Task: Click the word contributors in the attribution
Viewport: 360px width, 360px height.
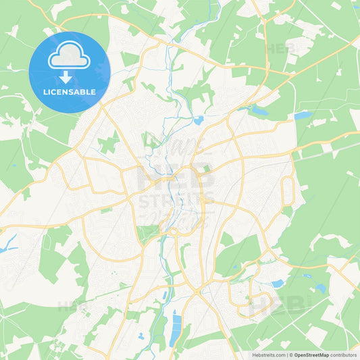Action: (344, 355)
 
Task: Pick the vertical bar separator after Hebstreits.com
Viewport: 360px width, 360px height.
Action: (286, 355)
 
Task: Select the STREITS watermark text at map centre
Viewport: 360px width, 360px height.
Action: (177, 200)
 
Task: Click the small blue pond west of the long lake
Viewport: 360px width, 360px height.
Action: (140, 335)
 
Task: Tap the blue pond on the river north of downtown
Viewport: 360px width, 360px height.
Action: (199, 121)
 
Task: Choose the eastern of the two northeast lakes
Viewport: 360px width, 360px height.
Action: (301, 115)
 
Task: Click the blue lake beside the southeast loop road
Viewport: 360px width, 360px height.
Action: (277, 283)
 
